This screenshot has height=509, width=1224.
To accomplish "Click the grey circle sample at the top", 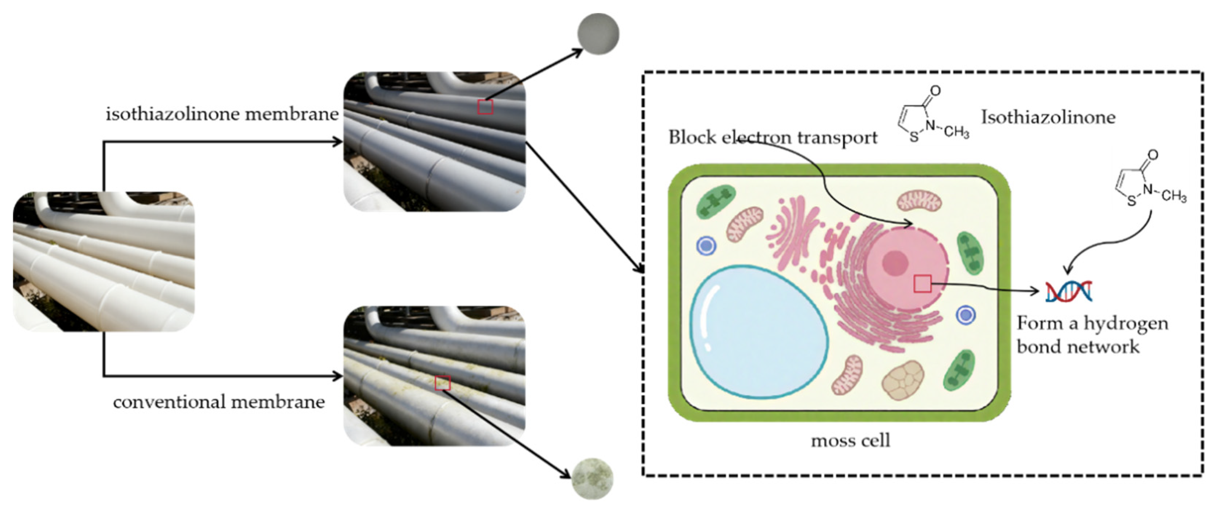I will tap(598, 34).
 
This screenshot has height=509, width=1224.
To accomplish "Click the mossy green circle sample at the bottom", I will tap(592, 478).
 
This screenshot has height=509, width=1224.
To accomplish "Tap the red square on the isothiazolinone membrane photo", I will tap(485, 107).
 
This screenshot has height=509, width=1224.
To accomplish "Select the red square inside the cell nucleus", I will tap(922, 284).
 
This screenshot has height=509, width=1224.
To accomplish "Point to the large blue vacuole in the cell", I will tap(759, 332).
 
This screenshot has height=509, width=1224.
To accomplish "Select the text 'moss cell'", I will tap(850, 441).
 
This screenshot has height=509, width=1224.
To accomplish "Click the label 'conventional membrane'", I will tap(219, 402).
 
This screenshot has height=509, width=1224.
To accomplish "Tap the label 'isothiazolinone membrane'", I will tap(222, 114).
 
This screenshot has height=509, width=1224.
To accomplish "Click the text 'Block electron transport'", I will tap(773, 137).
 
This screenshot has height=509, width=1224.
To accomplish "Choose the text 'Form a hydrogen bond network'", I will tap(1091, 335).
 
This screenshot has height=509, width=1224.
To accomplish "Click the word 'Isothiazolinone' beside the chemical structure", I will tap(1048, 117).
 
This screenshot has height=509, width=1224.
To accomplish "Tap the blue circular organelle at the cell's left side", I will tap(706, 245).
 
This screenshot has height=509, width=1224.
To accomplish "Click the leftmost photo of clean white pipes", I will tap(104, 261).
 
